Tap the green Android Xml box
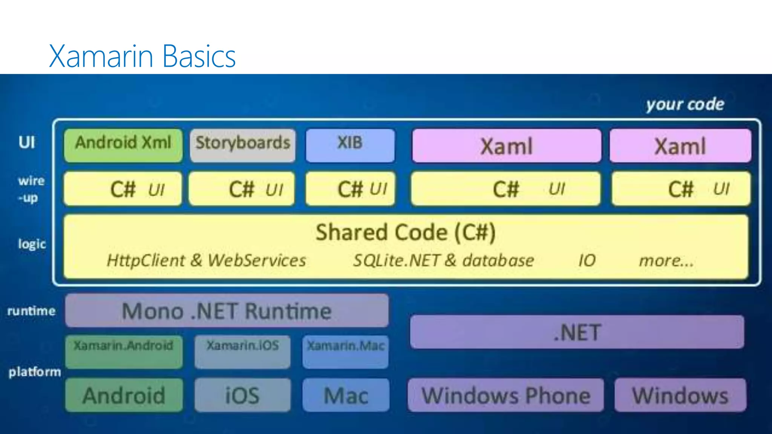pyautogui.click(x=123, y=145)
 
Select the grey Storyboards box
pyautogui.click(x=243, y=145)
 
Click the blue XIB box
pyautogui.click(x=350, y=145)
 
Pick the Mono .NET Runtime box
pyautogui.click(x=227, y=311)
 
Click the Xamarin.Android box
pyautogui.click(x=124, y=351)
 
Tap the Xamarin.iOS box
pyautogui.click(x=242, y=351)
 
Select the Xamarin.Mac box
pyautogui.click(x=345, y=351)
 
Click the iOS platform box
pyautogui.click(x=242, y=395)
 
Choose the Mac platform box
pyautogui.click(x=346, y=395)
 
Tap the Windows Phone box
pyautogui.click(x=505, y=395)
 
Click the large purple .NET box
pyautogui.click(x=577, y=332)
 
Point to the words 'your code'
pyautogui.click(x=685, y=104)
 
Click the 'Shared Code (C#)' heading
pyautogui.click(x=406, y=232)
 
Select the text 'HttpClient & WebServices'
pyautogui.click(x=206, y=260)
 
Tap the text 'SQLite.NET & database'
pyautogui.click(x=443, y=260)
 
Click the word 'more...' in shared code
pyautogui.click(x=666, y=260)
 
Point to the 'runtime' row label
pyautogui.click(x=31, y=311)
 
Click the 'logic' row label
pyautogui.click(x=32, y=244)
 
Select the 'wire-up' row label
pyautogui.click(x=31, y=189)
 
